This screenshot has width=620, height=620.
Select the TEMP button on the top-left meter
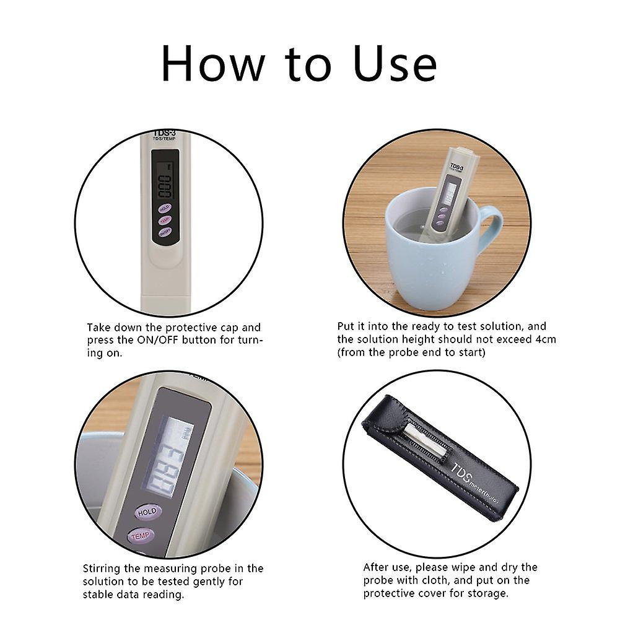[164, 220]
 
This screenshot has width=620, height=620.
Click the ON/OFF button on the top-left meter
[164, 232]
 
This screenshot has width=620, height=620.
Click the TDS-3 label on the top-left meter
[164, 134]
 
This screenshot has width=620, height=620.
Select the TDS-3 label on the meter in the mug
[456, 167]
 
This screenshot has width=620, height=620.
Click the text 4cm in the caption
[545, 339]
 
